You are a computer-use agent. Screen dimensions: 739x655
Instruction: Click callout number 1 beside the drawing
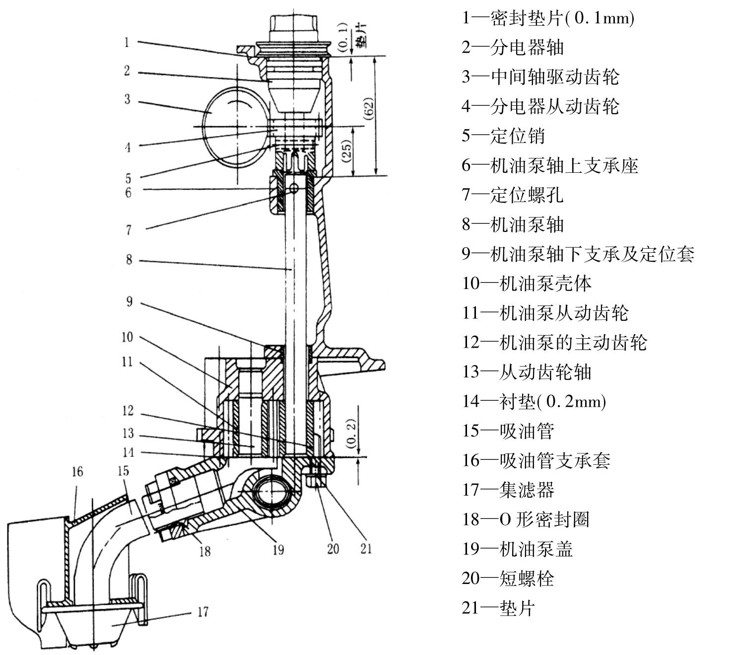click(x=127, y=42)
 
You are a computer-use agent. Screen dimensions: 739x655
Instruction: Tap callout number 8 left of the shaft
click(x=129, y=259)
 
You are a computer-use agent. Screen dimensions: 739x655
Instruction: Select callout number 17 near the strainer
click(x=203, y=612)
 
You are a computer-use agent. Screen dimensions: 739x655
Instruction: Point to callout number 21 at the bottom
click(x=366, y=548)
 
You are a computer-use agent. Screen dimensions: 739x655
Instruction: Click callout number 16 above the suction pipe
click(x=77, y=471)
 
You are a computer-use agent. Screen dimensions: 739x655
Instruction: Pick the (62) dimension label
click(x=369, y=108)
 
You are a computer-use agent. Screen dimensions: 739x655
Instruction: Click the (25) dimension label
click(x=347, y=150)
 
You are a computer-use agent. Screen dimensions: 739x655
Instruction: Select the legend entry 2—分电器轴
click(x=513, y=48)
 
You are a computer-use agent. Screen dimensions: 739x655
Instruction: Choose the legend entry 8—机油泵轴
click(x=513, y=224)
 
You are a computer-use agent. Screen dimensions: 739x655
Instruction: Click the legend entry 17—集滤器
click(x=508, y=490)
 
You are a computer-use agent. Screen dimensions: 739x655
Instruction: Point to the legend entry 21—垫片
click(x=498, y=608)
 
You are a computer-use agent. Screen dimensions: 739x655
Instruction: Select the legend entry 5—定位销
click(x=503, y=136)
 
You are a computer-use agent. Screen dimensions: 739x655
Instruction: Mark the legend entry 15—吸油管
click(x=508, y=431)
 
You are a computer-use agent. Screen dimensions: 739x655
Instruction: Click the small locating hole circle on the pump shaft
click(x=293, y=188)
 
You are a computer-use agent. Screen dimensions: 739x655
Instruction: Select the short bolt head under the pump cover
click(x=317, y=480)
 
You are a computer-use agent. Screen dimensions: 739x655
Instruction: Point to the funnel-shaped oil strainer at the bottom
click(x=94, y=628)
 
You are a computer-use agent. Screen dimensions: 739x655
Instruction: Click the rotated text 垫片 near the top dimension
click(x=361, y=35)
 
